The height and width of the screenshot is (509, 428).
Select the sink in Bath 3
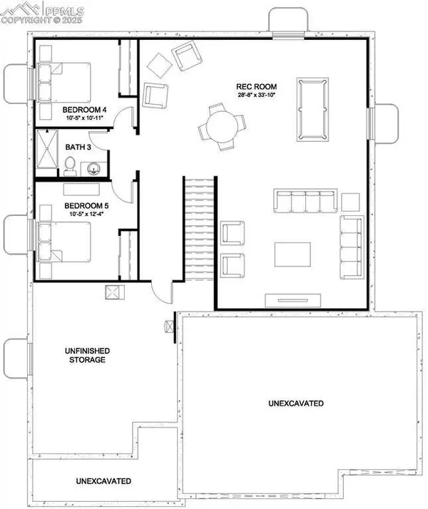click(95, 168)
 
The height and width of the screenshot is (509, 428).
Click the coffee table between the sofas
click(293, 254)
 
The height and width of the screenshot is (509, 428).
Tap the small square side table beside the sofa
click(350, 200)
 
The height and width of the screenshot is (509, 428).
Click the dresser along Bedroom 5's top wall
click(84, 188)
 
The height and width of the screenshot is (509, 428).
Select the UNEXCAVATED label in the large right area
click(297, 403)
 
